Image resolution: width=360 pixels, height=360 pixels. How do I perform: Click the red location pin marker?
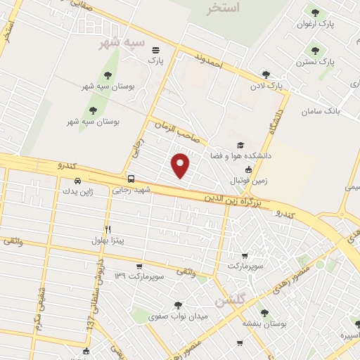pos(181,165)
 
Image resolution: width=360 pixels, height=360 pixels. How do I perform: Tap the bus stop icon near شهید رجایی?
pos(131,179)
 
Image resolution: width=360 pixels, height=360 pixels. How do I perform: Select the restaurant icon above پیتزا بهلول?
pos(108,229)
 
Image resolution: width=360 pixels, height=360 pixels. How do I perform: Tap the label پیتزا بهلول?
pos(108,240)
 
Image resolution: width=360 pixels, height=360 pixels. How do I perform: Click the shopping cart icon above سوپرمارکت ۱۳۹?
pos(139,266)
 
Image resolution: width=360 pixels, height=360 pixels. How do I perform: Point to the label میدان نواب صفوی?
pos(178,317)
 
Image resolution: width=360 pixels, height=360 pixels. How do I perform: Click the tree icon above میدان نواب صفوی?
pos(177,305)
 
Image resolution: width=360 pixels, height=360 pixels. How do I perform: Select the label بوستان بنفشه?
pos(262,323)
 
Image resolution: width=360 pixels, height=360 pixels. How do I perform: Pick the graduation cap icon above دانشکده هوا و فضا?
pos(241,144)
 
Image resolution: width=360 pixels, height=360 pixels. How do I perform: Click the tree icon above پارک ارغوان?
pos(314,12)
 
